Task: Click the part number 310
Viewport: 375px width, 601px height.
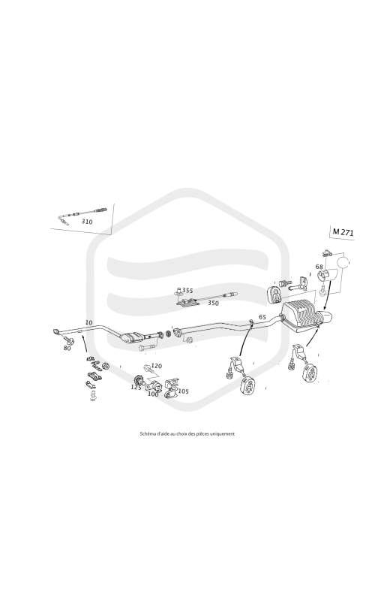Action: (87, 222)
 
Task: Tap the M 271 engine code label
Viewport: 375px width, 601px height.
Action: (343, 232)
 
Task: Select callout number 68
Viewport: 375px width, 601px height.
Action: (319, 267)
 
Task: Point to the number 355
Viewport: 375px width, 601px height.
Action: (187, 290)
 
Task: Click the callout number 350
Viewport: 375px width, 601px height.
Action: (213, 304)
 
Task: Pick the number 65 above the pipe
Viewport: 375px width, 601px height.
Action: (262, 317)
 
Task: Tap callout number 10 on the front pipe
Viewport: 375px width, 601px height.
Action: (88, 323)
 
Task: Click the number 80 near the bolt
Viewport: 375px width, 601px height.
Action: (67, 349)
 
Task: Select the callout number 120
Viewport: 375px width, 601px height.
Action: (157, 366)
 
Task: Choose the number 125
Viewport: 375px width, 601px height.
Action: (136, 387)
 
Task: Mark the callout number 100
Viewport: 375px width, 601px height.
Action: (153, 394)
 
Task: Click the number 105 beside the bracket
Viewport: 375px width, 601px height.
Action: (183, 391)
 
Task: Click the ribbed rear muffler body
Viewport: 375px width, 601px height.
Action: (301, 315)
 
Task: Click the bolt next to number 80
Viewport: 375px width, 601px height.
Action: (70, 341)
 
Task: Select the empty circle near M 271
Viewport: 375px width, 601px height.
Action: (343, 264)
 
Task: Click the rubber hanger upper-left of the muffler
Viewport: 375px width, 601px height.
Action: (274, 294)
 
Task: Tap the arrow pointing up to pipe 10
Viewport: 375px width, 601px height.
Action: (84, 344)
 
